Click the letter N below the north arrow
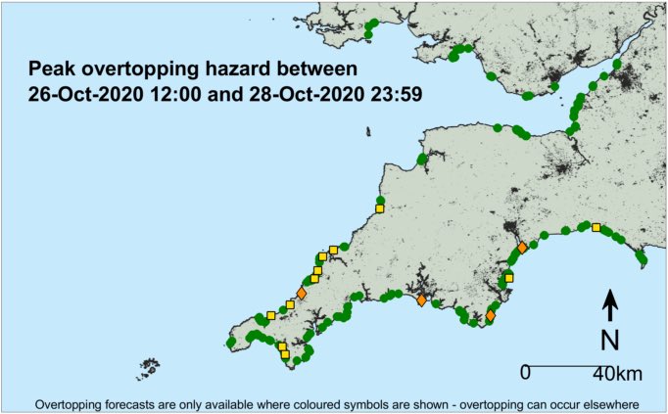coord(608,340)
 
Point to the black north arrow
coord(608,305)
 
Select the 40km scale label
coord(618,373)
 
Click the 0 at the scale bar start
coord(525,373)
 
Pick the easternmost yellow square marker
coord(596,228)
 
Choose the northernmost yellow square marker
coord(380,207)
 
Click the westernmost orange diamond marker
coord(302,294)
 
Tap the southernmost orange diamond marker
coord(490,315)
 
